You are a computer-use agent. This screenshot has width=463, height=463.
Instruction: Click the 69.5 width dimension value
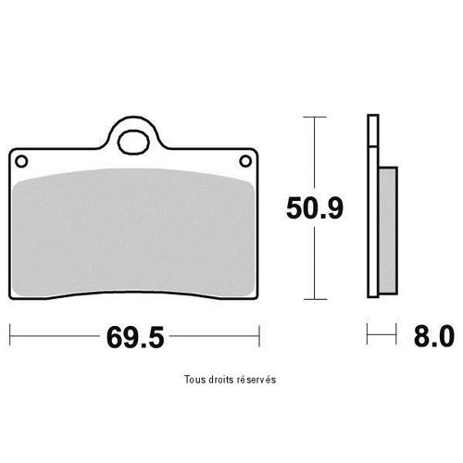click(x=135, y=337)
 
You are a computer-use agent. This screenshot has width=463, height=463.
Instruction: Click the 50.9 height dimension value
click(x=315, y=208)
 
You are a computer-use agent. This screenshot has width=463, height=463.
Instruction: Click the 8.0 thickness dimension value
click(x=433, y=336)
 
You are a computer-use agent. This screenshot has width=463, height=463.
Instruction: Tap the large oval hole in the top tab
click(x=133, y=143)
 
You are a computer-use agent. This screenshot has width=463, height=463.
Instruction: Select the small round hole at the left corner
click(x=21, y=161)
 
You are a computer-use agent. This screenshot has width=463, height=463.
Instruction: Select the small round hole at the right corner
click(x=245, y=161)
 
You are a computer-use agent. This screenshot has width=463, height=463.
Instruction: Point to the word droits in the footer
click(x=222, y=380)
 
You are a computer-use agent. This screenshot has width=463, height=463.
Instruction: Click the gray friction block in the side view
click(x=388, y=230)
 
